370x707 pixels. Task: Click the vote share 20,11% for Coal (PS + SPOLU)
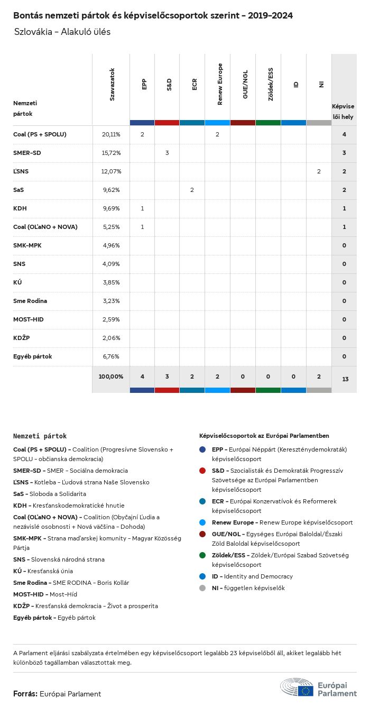[x=111, y=135]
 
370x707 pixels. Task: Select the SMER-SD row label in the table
[x=27, y=153]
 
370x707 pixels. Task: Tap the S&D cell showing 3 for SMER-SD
[x=167, y=153]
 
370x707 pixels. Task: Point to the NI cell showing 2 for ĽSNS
[x=319, y=172]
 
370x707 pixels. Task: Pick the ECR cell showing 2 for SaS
[x=192, y=190]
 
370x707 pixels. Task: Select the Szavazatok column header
[x=112, y=85]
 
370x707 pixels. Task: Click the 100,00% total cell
[x=111, y=377]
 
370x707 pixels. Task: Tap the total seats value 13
[x=344, y=380]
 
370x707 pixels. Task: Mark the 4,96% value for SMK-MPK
[x=111, y=245]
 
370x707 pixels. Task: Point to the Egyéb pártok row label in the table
[x=32, y=356]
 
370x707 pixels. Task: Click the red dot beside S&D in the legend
[x=203, y=471]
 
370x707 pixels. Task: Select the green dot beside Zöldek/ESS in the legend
[x=203, y=555]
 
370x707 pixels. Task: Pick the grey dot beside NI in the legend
[x=203, y=588]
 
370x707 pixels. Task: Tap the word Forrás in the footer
[x=25, y=694]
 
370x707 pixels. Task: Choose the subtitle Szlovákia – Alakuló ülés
[x=62, y=32]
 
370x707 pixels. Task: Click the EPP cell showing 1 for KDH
[x=142, y=209]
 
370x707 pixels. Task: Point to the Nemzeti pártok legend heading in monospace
[x=40, y=436]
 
